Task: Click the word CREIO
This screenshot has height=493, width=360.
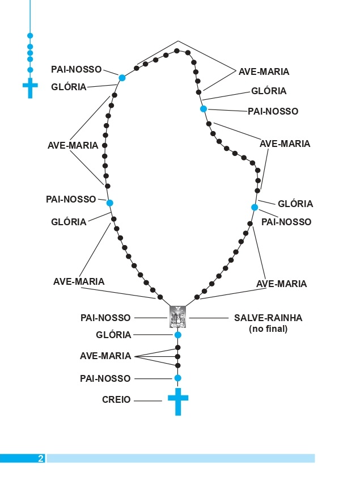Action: [x=116, y=400]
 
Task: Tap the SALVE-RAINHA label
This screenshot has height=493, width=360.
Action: [x=268, y=318]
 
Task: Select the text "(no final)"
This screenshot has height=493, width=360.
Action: [x=268, y=328]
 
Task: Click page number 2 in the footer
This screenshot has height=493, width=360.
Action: [x=41, y=458]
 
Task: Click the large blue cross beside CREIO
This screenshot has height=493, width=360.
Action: [x=178, y=401]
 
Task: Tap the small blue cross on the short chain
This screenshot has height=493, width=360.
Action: [x=30, y=88]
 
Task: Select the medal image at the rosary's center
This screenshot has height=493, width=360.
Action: [x=178, y=317]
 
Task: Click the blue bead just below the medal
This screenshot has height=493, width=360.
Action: [x=178, y=335]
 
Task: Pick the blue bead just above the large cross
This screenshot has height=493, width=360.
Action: [x=178, y=378]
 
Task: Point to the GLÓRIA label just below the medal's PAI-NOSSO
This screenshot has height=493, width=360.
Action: [x=113, y=335]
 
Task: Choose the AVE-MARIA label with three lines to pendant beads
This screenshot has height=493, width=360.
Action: [x=105, y=356]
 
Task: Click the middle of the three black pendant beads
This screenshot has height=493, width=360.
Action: [x=178, y=357]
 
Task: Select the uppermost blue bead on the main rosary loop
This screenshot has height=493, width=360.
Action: [x=122, y=78]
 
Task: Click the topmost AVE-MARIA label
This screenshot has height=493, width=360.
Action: [x=264, y=71]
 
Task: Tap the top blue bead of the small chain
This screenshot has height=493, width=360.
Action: [x=30, y=36]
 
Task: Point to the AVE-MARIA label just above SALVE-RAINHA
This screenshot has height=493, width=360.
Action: [x=281, y=284]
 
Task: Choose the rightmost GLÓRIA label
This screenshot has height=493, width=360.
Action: [x=295, y=204]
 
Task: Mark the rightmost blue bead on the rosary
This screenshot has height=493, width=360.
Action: [x=255, y=207]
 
